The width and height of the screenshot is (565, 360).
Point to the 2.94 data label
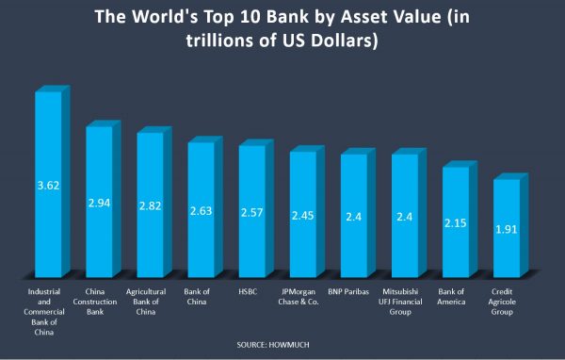click(99, 203)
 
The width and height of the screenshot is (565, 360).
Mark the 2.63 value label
click(201, 210)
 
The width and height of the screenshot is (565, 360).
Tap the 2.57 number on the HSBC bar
click(251, 211)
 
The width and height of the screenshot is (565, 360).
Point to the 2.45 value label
click(302, 214)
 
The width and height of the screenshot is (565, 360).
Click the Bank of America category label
click(455, 297)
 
